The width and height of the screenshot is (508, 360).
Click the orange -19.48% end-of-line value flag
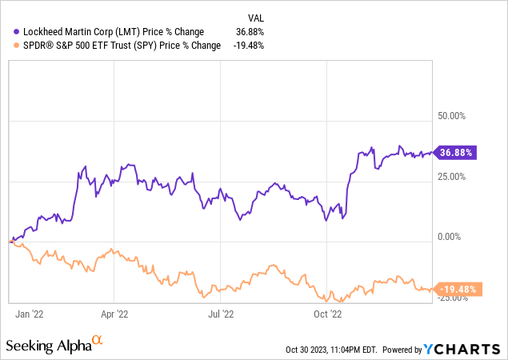458,290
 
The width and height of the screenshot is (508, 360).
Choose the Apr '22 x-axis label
117,314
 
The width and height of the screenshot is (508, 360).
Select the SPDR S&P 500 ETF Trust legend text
120,45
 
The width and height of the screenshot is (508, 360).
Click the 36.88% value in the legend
250,31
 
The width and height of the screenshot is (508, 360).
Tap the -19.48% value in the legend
248,45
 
